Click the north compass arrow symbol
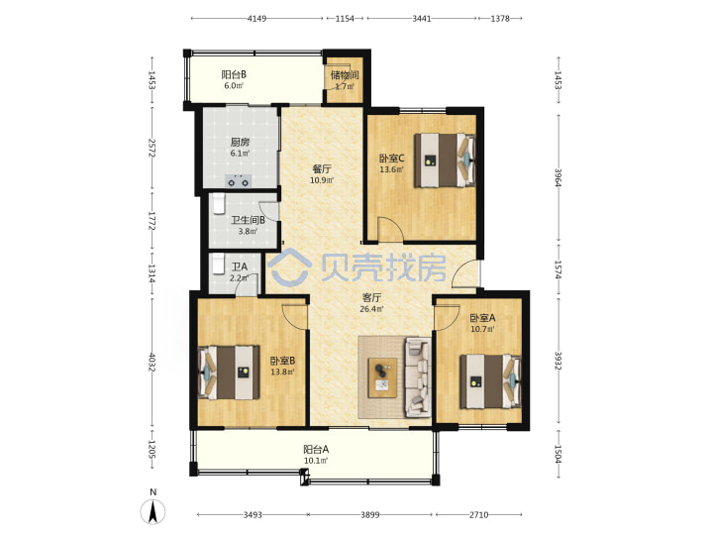click(x=153, y=511)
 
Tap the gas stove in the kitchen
click(x=239, y=181)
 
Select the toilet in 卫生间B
click(x=219, y=203)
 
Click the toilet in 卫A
click(x=219, y=264)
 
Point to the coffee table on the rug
click(x=382, y=377)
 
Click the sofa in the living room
click(x=418, y=377)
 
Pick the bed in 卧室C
click(x=445, y=160)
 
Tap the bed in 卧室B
click(x=229, y=373)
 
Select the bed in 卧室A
click(x=490, y=381)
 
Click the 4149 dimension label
click(x=256, y=19)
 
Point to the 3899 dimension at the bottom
click(x=370, y=514)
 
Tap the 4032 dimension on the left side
click(x=153, y=363)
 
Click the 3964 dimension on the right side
click(x=558, y=177)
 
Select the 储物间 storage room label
click(x=345, y=74)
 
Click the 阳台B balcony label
click(x=234, y=74)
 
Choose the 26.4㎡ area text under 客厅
click(x=371, y=309)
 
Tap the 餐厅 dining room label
click(x=322, y=169)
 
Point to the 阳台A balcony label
click(x=316, y=450)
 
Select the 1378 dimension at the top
click(x=500, y=19)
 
